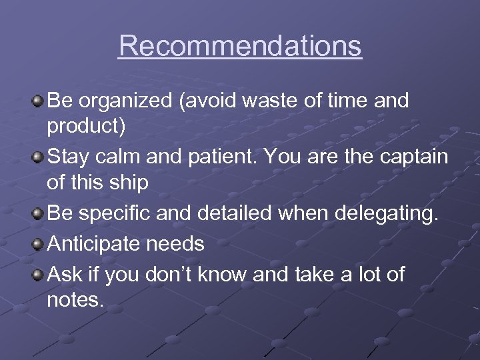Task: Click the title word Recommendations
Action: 240,46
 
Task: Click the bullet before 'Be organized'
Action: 39,101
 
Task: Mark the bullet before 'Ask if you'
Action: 39,273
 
